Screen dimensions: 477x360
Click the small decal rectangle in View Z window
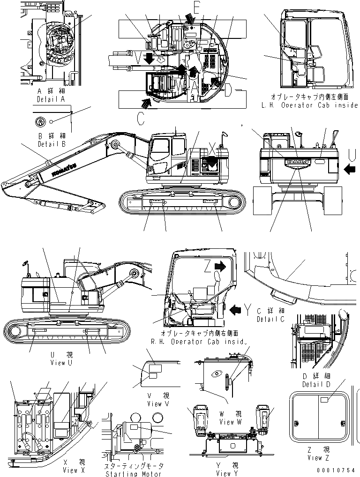pos(324,400)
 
